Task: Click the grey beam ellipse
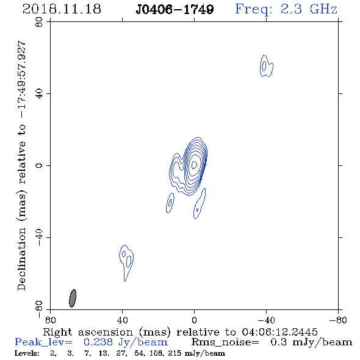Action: tap(73, 298)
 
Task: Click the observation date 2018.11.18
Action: tap(62, 9)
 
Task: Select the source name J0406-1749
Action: tap(175, 9)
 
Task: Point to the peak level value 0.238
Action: tap(98, 342)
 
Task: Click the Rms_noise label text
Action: tap(225, 342)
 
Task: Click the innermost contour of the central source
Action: tap(194, 165)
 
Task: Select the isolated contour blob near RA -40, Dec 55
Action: tap(266, 66)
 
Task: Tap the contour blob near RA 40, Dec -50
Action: tap(126, 262)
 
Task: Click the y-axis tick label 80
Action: tap(39, 22)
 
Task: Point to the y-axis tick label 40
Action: tap(39, 94)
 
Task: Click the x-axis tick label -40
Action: tap(266, 320)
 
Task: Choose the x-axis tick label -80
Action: tap(338, 320)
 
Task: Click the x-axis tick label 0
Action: tap(194, 320)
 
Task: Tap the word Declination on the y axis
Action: tap(21, 259)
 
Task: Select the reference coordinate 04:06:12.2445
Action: tap(279, 332)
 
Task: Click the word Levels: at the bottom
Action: tap(27, 353)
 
